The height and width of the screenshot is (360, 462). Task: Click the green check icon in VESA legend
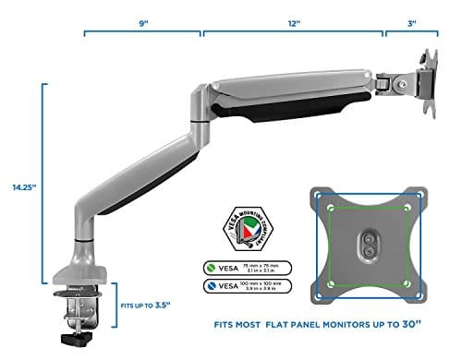pyautogui.click(x=212, y=268)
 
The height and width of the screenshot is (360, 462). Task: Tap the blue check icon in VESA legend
pyautogui.click(x=212, y=287)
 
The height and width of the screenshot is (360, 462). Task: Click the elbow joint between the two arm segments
pyautogui.click(x=199, y=99)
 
